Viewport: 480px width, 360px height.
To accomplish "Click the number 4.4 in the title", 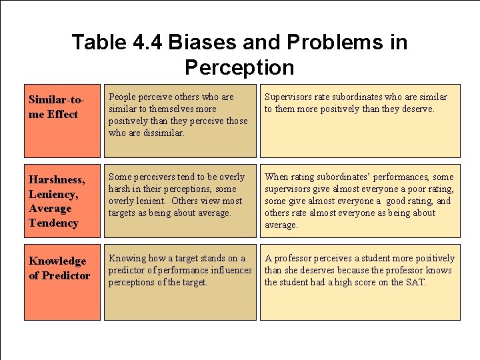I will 147,43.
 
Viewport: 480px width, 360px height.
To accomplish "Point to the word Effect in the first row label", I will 63,114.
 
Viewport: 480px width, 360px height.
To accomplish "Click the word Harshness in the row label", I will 57,179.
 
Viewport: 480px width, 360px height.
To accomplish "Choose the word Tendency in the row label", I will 54,223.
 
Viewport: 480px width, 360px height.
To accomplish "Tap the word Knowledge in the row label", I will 57,261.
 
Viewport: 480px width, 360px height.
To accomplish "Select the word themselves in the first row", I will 173,109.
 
